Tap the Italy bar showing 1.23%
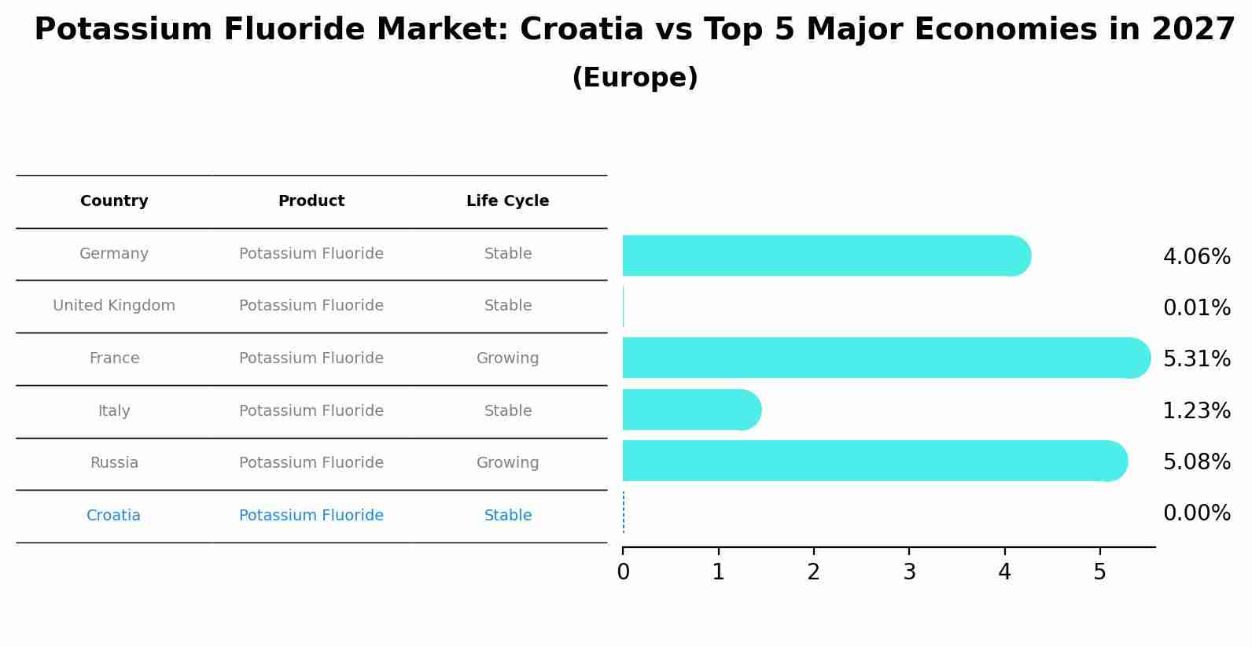pyautogui.click(x=691, y=410)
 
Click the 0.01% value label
pyautogui.click(x=1196, y=308)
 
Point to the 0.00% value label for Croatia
pyautogui.click(x=1196, y=513)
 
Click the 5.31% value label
pyautogui.click(x=1196, y=359)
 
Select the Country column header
pyautogui.click(x=114, y=201)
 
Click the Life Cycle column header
pyautogui.click(x=507, y=201)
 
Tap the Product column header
pyautogui.click(x=311, y=201)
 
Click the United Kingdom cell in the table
pyautogui.click(x=114, y=306)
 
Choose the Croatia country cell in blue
pyautogui.click(x=113, y=516)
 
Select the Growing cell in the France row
pyautogui.click(x=507, y=358)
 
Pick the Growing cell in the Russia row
pyautogui.click(x=507, y=463)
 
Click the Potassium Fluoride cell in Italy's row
pyautogui.click(x=311, y=411)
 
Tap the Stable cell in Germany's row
pyautogui.click(x=507, y=254)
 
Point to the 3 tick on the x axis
pyautogui.click(x=909, y=572)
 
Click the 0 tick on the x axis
pyautogui.click(x=623, y=572)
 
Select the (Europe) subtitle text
pyautogui.click(x=635, y=78)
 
